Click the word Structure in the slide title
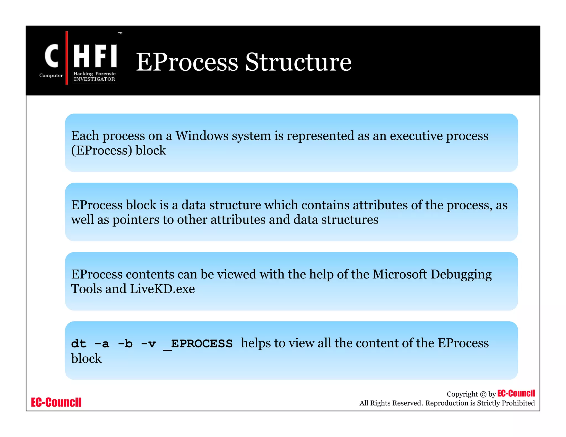click(x=298, y=62)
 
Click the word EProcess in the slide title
click(x=187, y=62)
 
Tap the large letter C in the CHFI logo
click(x=52, y=56)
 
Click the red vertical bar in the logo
click(x=67, y=58)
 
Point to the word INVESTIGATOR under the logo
click(x=94, y=79)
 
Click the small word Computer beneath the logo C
click(x=51, y=75)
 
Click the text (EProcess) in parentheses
click(x=101, y=151)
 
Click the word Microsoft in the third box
click(x=400, y=274)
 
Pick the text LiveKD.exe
click(x=162, y=289)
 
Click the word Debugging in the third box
click(x=461, y=275)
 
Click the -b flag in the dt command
click(x=125, y=344)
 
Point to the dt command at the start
click(x=79, y=344)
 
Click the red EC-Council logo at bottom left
click(x=56, y=402)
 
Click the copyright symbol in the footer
click(x=483, y=394)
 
